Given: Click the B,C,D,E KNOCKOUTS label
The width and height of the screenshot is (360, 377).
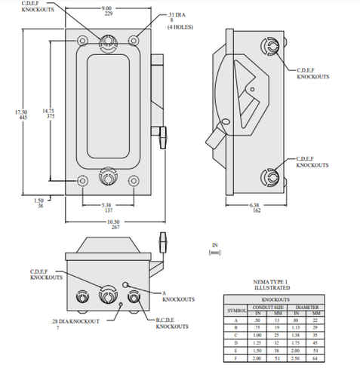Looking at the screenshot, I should pyautogui.click(x=170, y=323).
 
